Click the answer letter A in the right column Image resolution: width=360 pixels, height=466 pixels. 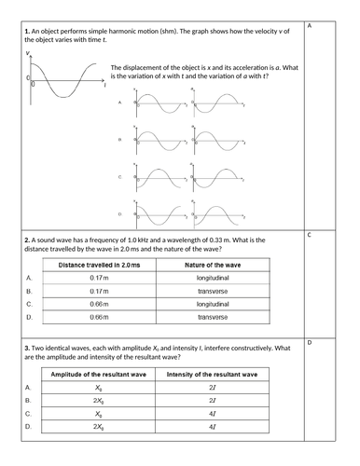pos(309,25)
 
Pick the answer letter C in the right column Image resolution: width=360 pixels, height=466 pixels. pos(309,236)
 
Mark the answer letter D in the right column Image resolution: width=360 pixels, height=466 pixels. pos(309,344)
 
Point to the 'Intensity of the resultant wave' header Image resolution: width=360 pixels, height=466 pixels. pos(212,374)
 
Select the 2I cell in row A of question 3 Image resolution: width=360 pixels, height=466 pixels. pos(212,387)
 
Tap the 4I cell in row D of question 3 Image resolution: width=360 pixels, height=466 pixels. pos(212,426)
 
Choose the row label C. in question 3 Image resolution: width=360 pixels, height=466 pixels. pos(29,413)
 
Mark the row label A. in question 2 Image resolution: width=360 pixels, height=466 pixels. pos(29,279)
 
